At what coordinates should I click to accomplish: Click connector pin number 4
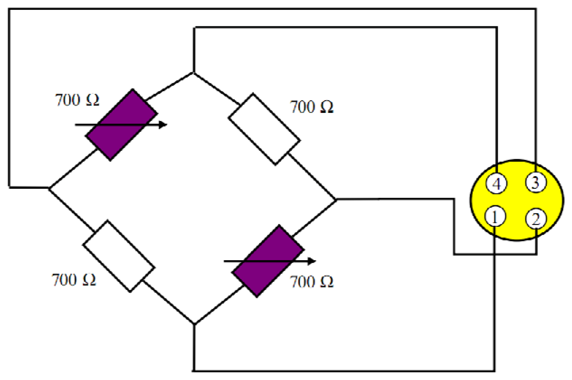click(x=496, y=184)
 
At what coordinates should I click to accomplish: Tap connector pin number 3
click(x=535, y=182)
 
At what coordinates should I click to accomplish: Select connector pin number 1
click(x=495, y=217)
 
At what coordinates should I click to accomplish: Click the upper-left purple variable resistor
click(x=121, y=125)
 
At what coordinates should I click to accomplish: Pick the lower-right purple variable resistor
click(x=268, y=261)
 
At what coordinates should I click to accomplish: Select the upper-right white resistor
click(x=264, y=129)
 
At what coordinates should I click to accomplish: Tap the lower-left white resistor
click(x=119, y=256)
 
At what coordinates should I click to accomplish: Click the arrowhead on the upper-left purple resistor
click(x=163, y=125)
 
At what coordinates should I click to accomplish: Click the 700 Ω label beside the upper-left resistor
click(x=77, y=100)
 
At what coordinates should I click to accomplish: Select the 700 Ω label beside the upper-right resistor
click(x=311, y=107)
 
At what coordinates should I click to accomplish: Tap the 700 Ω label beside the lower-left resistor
click(x=74, y=280)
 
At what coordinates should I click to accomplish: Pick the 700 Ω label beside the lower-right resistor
click(x=311, y=282)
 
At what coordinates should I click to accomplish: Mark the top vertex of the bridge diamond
click(x=193, y=73)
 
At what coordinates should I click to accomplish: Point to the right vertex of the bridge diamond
click(x=336, y=200)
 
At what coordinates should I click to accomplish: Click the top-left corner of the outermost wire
click(x=9, y=9)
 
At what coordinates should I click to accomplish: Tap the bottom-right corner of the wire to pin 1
click(x=494, y=370)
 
